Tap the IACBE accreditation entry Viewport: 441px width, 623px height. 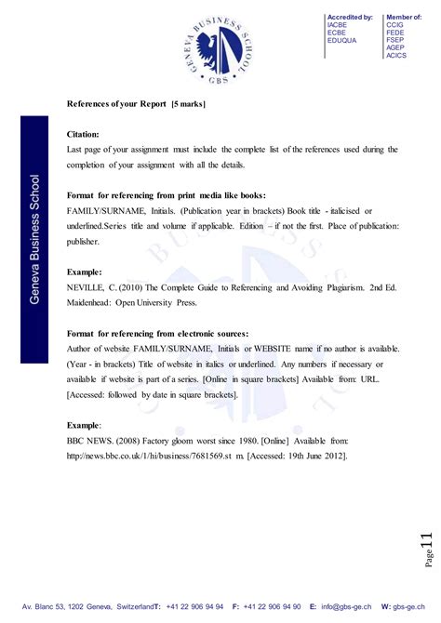[x=337, y=25]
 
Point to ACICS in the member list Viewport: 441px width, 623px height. [x=396, y=55]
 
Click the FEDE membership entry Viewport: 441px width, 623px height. [x=395, y=33]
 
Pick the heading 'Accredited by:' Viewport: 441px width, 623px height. [x=350, y=18]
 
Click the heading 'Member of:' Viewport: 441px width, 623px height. [x=404, y=18]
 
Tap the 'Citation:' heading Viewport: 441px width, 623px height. [x=89, y=134]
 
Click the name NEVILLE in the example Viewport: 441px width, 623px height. [x=88, y=288]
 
